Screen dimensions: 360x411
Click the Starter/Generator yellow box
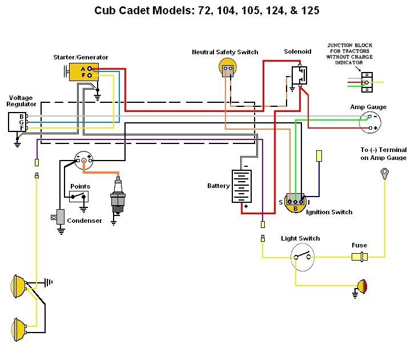(83, 71)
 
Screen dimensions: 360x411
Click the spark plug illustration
(118, 194)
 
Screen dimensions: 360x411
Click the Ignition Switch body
(296, 203)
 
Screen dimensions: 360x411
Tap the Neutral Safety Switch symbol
(228, 69)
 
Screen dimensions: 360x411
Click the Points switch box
(79, 197)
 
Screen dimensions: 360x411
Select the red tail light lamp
(361, 285)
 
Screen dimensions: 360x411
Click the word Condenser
(84, 221)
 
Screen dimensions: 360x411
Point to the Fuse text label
(359, 245)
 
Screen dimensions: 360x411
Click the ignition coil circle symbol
(84, 159)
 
